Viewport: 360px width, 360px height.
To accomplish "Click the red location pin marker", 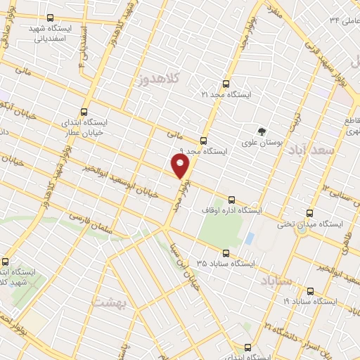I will point(181,166).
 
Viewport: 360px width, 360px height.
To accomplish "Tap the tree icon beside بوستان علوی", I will point(262,131).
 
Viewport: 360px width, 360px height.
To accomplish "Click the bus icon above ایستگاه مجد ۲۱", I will point(227,83).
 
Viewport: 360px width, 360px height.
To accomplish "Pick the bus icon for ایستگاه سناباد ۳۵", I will point(225,253).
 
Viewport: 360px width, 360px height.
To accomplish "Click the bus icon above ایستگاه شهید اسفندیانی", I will point(49,18).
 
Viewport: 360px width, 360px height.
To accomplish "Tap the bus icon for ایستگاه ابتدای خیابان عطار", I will point(84,111).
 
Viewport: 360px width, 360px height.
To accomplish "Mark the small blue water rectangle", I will point(249,238).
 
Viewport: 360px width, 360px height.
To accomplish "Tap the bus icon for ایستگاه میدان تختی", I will point(309,213).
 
